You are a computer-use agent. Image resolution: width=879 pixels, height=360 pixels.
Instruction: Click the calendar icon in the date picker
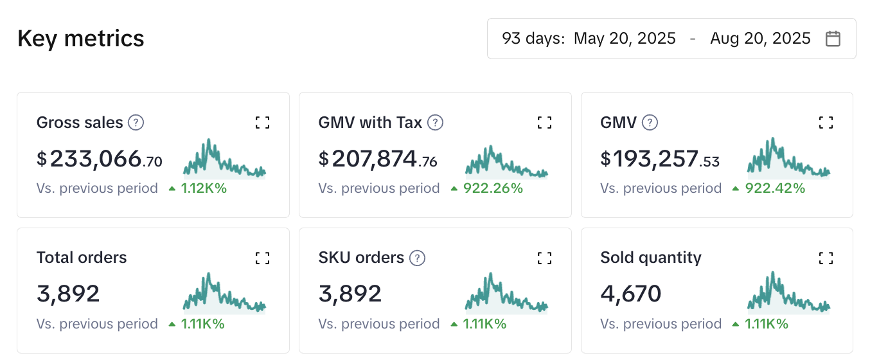click(x=833, y=39)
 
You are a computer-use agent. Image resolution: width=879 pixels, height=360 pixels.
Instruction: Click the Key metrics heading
click(x=81, y=39)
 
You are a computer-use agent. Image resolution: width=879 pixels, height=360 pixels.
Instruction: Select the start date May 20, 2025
click(x=625, y=39)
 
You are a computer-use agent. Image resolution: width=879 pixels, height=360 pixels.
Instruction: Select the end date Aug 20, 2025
click(x=760, y=39)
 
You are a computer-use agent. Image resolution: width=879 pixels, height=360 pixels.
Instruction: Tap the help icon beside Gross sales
click(x=136, y=122)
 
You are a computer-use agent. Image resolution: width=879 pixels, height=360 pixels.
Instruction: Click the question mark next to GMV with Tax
click(x=436, y=122)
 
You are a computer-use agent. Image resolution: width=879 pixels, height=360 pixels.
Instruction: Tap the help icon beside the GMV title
click(x=650, y=122)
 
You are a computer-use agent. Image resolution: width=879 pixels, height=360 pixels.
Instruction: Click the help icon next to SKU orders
click(x=418, y=258)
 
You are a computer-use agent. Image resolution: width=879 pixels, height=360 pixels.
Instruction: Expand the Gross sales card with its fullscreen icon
click(x=262, y=123)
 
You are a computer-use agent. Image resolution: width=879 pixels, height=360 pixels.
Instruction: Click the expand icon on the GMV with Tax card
click(x=544, y=123)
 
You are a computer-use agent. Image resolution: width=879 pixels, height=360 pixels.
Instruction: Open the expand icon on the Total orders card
click(x=262, y=258)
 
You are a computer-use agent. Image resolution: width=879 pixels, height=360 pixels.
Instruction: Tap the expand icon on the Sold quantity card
click(x=826, y=258)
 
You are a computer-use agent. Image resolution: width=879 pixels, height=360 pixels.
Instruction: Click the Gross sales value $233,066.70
click(x=100, y=159)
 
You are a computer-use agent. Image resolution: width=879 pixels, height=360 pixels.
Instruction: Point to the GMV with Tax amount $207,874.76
click(x=378, y=159)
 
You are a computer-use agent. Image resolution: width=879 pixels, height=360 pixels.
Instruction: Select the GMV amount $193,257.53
click(x=660, y=159)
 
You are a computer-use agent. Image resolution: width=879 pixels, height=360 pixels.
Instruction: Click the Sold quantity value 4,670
click(x=630, y=294)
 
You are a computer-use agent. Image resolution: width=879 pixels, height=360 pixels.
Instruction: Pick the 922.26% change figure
click(x=493, y=188)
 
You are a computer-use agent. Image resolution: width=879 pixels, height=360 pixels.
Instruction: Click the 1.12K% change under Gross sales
click(x=204, y=188)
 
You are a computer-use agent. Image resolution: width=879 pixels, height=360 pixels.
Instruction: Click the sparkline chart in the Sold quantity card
click(x=788, y=294)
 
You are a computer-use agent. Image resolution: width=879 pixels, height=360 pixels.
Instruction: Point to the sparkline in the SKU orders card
click(x=506, y=294)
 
